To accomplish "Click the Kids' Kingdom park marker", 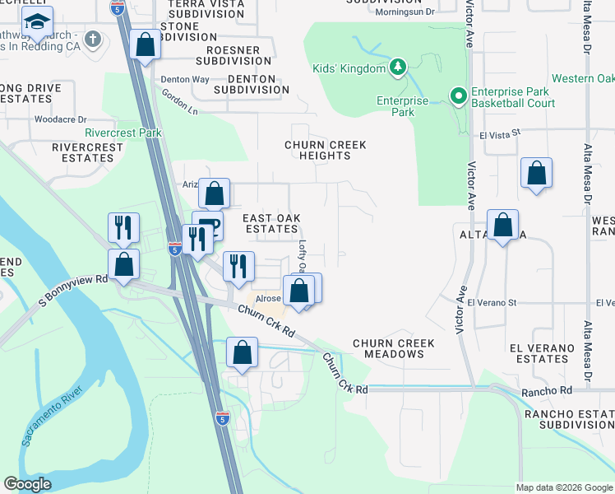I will (x=398, y=67).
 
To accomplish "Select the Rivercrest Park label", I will (x=123, y=132).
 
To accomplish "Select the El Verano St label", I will (x=491, y=303).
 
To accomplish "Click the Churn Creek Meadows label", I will (x=388, y=348).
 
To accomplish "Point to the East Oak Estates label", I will (x=271, y=224).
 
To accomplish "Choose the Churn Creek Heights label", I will (x=325, y=150).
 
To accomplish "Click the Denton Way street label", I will (x=185, y=80).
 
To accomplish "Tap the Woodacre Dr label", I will (x=55, y=119).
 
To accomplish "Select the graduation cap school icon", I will (x=36, y=22).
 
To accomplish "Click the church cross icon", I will (x=93, y=39).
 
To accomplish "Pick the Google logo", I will (x=27, y=484).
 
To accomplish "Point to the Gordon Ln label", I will (x=180, y=101).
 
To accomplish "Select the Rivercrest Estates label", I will (x=87, y=152).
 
